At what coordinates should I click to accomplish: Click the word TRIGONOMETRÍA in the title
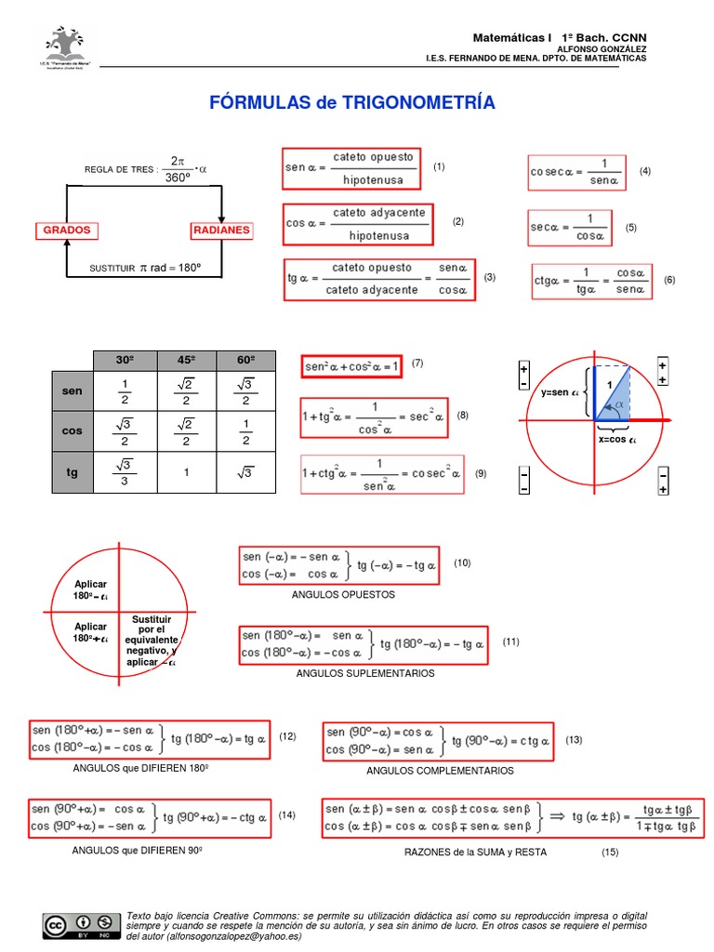pyautogui.click(x=416, y=103)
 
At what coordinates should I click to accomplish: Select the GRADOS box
pyautogui.click(x=69, y=230)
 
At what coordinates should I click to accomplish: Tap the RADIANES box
pyautogui.click(x=222, y=230)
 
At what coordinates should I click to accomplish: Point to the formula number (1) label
pyautogui.click(x=439, y=166)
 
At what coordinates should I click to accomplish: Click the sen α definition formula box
pyautogui.click(x=351, y=167)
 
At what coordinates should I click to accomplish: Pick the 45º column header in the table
pyautogui.click(x=187, y=361)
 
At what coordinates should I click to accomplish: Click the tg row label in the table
pyautogui.click(x=72, y=472)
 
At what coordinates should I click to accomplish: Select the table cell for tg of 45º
pyautogui.click(x=187, y=472)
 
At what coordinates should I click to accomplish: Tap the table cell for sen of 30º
pyautogui.click(x=124, y=391)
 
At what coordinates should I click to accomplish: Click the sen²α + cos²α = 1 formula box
pyautogui.click(x=351, y=366)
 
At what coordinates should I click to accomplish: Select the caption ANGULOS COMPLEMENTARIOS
pyautogui.click(x=440, y=771)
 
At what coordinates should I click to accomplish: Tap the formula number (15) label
pyautogui.click(x=610, y=852)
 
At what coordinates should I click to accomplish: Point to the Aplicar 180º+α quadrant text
pyautogui.click(x=91, y=632)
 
